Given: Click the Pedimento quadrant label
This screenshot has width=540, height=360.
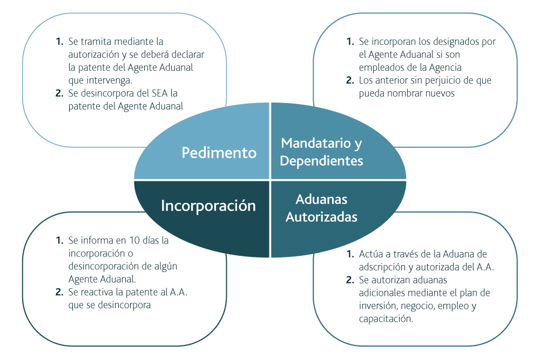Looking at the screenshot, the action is point(219,153).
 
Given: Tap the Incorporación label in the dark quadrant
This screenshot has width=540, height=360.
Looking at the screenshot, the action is point(208,206).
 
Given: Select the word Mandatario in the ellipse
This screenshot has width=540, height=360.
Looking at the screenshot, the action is point(316,143).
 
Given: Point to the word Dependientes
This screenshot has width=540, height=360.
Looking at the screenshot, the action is point(321,161).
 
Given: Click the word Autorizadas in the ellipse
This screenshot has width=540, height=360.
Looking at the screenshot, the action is point(321,217).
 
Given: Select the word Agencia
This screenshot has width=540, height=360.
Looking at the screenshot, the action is point(444,68).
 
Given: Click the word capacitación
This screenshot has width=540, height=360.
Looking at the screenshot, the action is point(386,319).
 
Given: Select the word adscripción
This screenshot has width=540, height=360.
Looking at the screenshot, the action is point(382,267).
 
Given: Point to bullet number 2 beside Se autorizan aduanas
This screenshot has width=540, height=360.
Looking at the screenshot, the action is point(350,280).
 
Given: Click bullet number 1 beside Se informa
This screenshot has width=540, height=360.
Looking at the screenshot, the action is point(59,240).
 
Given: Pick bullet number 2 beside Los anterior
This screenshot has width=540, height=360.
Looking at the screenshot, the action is point(350,80).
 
